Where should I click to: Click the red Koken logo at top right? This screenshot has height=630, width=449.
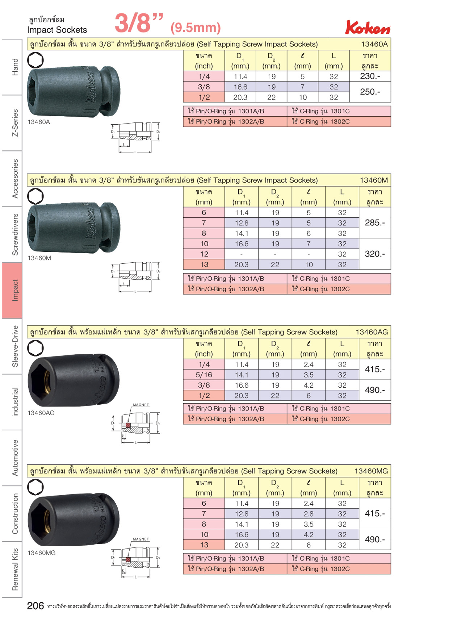point(368,27)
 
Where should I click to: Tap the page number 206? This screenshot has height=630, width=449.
point(35,606)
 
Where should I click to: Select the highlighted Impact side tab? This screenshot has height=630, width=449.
point(12,290)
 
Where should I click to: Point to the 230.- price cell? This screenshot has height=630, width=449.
point(370,76)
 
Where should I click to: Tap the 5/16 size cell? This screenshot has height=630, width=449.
point(204,375)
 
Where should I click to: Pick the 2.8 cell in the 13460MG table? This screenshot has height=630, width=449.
point(309,514)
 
